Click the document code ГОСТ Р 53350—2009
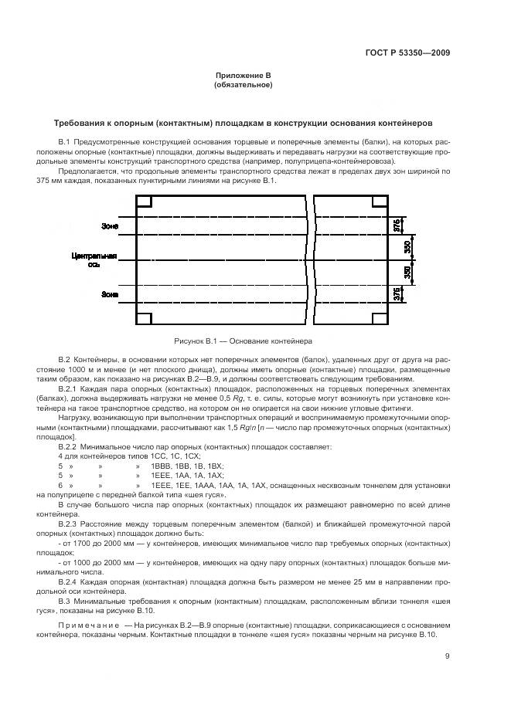click(x=407, y=53)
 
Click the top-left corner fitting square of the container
click(x=144, y=202)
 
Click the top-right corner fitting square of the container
click(x=379, y=202)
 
